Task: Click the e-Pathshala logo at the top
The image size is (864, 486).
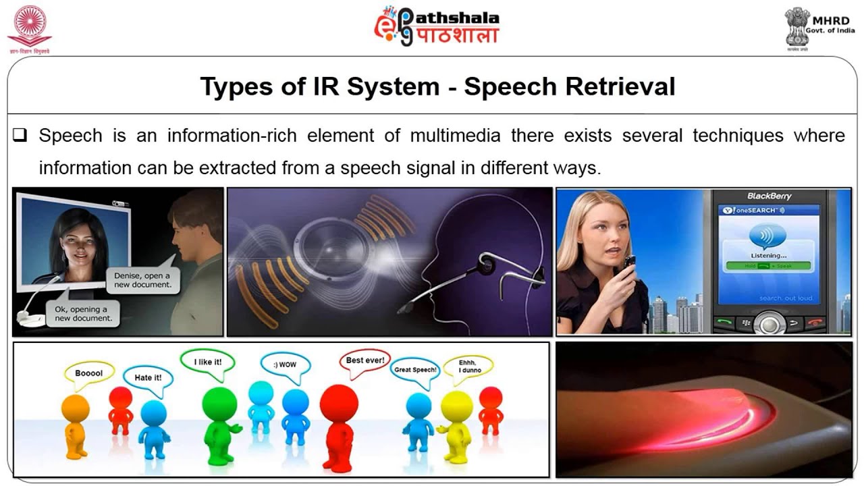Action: tap(437, 27)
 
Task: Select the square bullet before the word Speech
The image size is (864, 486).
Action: tap(20, 136)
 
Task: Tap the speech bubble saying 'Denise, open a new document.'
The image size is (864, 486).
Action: tap(142, 280)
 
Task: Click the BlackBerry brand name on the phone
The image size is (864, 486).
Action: tap(769, 196)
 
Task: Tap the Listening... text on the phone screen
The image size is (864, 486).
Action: tap(769, 256)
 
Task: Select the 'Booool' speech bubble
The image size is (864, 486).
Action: tap(88, 373)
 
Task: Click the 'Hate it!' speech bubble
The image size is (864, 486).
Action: tap(148, 377)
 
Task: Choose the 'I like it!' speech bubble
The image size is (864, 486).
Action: tap(207, 362)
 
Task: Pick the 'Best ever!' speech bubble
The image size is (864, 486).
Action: tap(364, 360)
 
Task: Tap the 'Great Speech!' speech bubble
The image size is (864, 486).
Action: tap(415, 370)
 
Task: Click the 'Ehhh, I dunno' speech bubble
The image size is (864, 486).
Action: tap(468, 367)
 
